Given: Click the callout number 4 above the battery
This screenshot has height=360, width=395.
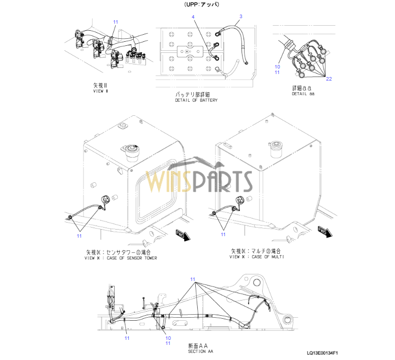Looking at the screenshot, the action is coord(193,17).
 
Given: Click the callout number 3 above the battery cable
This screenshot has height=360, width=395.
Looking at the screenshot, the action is coord(241,17).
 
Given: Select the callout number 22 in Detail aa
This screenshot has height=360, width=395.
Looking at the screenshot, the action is coord(329,79).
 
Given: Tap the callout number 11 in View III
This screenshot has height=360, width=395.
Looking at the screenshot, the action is coord(116,22).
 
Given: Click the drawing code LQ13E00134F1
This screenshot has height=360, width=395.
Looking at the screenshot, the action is coord(323,353).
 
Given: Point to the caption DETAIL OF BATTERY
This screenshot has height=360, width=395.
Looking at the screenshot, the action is coord(196,100).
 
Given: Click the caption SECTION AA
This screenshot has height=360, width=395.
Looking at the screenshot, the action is coord(201,351).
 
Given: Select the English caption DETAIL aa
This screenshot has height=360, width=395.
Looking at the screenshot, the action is coord(303,94).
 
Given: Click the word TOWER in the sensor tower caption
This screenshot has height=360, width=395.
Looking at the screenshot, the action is coord(150,258).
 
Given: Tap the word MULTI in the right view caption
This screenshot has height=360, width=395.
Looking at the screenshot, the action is coord(278,257).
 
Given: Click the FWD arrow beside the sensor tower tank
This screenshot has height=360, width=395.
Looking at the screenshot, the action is coord(183,235).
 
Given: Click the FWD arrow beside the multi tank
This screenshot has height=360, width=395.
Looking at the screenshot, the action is coord(325,232).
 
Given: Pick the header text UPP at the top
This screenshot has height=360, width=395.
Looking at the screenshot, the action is coord(191,5).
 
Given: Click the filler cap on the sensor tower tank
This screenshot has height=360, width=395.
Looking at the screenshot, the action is coord(131,152).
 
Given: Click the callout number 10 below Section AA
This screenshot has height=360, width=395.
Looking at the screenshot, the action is coord(168,338).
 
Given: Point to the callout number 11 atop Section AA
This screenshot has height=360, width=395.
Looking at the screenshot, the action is coord(193,279).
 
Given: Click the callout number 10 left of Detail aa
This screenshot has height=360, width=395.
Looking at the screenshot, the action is coord(277,67).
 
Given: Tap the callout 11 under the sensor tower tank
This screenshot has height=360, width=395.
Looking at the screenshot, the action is coord(80,236).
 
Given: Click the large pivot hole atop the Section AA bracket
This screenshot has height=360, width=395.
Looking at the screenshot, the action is coord(257,282).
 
